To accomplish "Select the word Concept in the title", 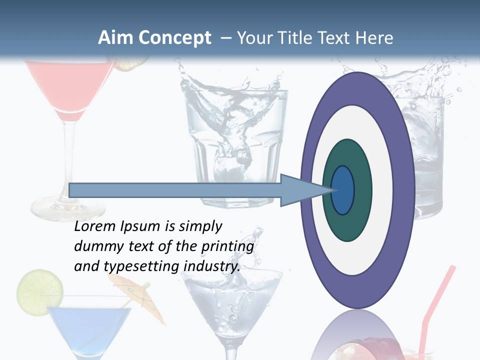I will (175, 38).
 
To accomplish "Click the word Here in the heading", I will (374, 38).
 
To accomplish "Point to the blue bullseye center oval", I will (343, 190).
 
